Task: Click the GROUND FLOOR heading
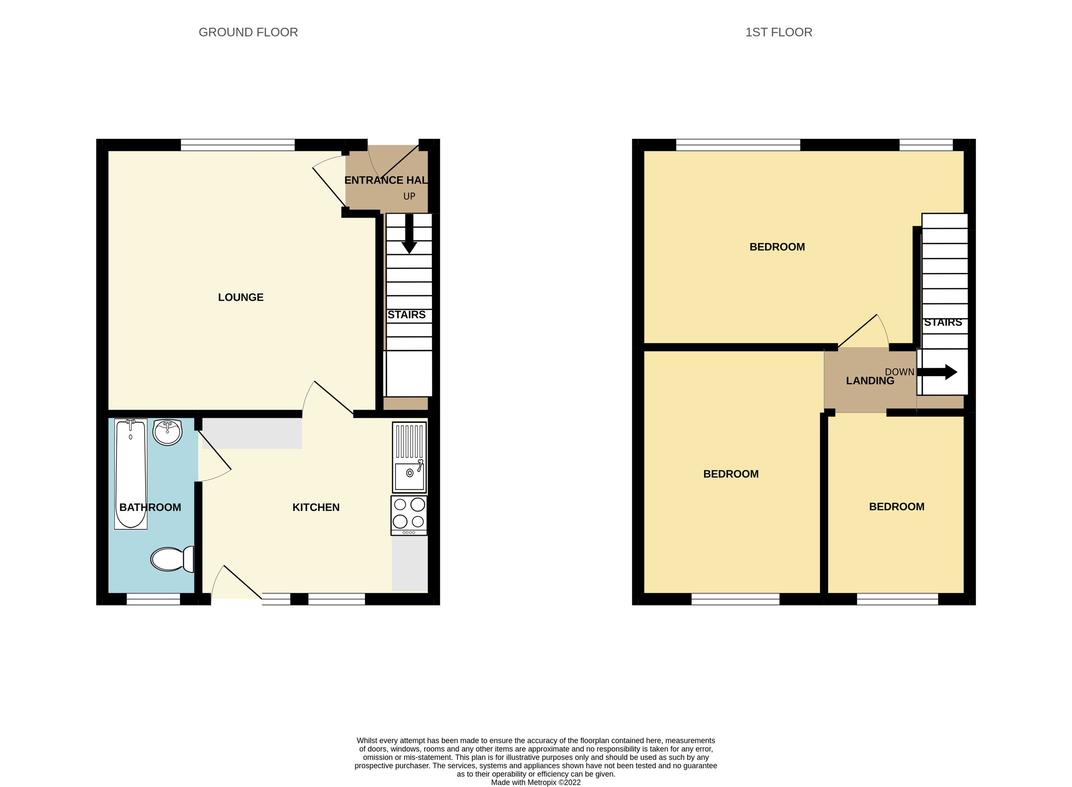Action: pyautogui.click(x=248, y=33)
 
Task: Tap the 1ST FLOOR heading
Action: pyautogui.click(x=778, y=33)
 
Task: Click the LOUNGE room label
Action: pyautogui.click(x=241, y=297)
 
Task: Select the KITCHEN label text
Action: pyautogui.click(x=316, y=507)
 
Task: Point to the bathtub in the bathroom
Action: pyautogui.click(x=130, y=473)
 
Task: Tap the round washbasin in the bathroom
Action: pyautogui.click(x=167, y=432)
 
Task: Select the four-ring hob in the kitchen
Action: pyautogui.click(x=409, y=515)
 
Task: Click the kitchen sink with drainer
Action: pyautogui.click(x=409, y=457)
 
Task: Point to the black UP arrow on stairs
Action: pyautogui.click(x=409, y=235)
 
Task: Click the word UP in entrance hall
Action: pyautogui.click(x=409, y=196)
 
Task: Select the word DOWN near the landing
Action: pyautogui.click(x=899, y=372)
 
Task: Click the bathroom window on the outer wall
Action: pyautogui.click(x=153, y=599)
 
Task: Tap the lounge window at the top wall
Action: pyautogui.click(x=238, y=145)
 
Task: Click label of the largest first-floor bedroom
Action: pyautogui.click(x=777, y=247)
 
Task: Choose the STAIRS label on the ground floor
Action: pyautogui.click(x=406, y=315)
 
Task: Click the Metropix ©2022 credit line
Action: pyautogui.click(x=536, y=782)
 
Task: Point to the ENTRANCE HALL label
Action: pyautogui.click(x=385, y=180)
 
